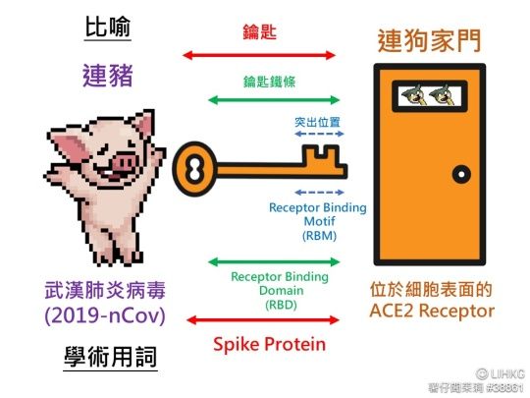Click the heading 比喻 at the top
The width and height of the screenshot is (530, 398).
tap(108, 27)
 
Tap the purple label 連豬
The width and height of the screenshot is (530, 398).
tap(108, 76)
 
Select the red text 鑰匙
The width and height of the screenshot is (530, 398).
tap(259, 32)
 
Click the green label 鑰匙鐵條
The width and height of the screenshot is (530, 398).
tap(269, 82)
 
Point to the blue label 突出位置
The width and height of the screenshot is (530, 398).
tap(317, 122)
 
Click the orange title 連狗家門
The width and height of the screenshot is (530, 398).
tap(429, 41)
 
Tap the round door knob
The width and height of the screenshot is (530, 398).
tap(461, 174)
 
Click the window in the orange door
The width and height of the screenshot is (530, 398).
tap(430, 96)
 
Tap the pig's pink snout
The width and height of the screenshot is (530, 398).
tap(124, 163)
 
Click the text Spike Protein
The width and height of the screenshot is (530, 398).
tap(269, 345)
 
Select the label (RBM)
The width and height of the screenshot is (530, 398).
tap(319, 236)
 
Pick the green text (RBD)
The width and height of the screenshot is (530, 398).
tap(281, 306)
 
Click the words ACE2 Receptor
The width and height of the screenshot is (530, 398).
tap(432, 311)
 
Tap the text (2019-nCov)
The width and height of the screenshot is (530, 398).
tap(105, 315)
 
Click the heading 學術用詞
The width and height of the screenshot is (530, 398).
tap(111, 357)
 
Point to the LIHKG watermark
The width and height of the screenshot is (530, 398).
tap(501, 374)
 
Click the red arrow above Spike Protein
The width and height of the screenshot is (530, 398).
tap(263, 320)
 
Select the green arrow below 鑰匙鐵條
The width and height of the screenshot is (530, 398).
tap(274, 100)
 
